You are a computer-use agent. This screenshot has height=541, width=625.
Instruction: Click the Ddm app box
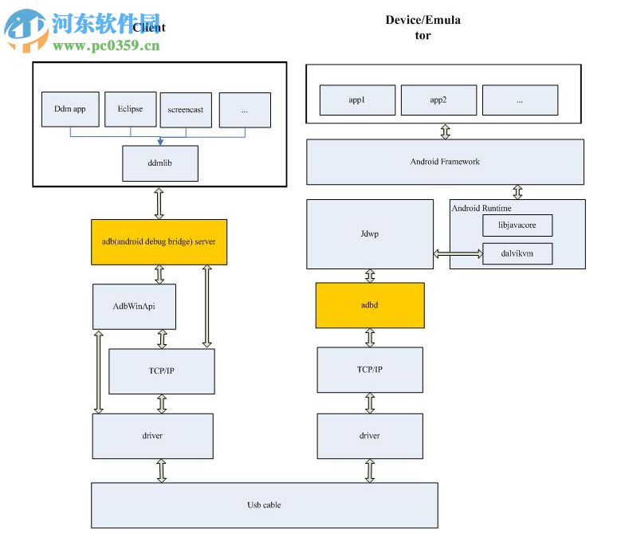click(69, 109)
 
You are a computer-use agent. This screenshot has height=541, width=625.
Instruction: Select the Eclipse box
click(130, 109)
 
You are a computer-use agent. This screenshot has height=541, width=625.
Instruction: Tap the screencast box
click(187, 110)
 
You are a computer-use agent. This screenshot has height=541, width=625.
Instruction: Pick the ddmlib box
click(159, 163)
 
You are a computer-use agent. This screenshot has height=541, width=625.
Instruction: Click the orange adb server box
click(159, 241)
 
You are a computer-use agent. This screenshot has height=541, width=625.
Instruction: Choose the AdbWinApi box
click(134, 306)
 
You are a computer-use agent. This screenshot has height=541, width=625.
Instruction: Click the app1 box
click(357, 100)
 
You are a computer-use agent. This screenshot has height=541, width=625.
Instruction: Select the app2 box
click(438, 100)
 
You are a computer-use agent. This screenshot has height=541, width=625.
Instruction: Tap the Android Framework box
click(445, 162)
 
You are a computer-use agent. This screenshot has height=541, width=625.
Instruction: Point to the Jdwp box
click(370, 234)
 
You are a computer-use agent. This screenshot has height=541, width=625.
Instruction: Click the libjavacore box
click(517, 225)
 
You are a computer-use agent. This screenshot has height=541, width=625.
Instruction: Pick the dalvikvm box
click(517, 254)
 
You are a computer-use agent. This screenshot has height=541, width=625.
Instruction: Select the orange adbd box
click(370, 305)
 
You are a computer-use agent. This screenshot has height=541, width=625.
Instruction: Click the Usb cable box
click(264, 505)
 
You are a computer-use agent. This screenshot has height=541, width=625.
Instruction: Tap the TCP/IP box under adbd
click(370, 370)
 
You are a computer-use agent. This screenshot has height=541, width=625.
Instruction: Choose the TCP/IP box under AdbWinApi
click(162, 371)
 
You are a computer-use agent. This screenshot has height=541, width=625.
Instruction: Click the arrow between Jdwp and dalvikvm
click(458, 254)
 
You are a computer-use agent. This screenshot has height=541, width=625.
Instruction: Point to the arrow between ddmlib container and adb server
click(159, 203)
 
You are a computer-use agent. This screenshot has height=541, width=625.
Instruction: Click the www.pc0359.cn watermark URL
click(106, 45)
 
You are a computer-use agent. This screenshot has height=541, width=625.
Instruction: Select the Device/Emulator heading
click(423, 27)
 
